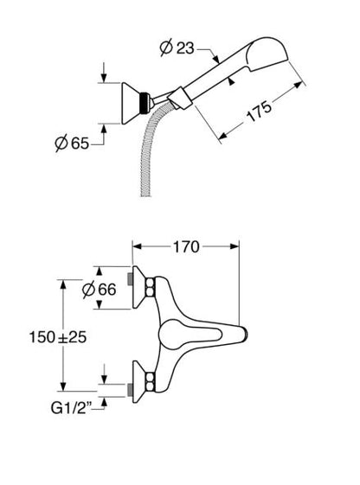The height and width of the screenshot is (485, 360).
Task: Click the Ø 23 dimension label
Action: (x=177, y=48)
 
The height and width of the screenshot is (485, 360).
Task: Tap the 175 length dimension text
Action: (x=259, y=112)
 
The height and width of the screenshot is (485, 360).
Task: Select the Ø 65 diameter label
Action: (x=72, y=144)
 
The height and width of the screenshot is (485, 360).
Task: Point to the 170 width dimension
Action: (x=186, y=247)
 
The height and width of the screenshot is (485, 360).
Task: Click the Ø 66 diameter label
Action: (x=99, y=290)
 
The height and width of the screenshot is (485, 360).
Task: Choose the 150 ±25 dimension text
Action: (x=58, y=337)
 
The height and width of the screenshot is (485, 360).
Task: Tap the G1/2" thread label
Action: (x=72, y=408)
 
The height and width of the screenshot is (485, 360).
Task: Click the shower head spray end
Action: (x=267, y=54)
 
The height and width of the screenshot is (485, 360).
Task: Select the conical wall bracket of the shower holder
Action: (x=131, y=103)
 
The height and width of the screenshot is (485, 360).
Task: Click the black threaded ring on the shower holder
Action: (x=144, y=102)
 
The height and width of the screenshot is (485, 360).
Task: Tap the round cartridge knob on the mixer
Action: (x=174, y=335)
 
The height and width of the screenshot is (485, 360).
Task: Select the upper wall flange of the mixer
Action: (x=139, y=287)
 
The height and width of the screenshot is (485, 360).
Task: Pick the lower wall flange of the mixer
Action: (x=139, y=382)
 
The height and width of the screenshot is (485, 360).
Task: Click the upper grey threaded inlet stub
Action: (x=130, y=279)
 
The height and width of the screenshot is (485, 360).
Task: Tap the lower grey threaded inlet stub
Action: (x=130, y=390)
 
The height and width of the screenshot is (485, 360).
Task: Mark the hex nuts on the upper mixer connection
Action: (x=150, y=287)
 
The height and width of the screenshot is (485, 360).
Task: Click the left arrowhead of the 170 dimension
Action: (x=137, y=246)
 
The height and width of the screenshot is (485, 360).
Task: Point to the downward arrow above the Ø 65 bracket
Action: (x=104, y=73)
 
